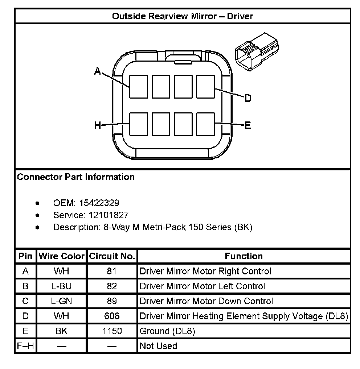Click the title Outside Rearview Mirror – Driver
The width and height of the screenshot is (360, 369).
(183, 16)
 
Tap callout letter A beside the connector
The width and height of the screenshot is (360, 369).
(98, 71)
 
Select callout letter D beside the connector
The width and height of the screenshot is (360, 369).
(248, 98)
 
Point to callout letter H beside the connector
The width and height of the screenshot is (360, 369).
(98, 126)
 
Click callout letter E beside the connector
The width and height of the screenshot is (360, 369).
(248, 125)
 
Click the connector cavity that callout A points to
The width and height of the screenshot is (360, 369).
(138, 87)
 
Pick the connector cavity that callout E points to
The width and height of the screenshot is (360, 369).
(206, 124)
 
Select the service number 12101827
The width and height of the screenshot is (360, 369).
(109, 215)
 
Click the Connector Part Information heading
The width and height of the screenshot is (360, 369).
(76, 177)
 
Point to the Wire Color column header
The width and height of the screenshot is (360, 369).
(62, 256)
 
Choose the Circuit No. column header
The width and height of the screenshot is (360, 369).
(112, 256)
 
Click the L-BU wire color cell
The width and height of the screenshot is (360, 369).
(62, 286)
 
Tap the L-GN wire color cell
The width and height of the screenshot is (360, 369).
(62, 301)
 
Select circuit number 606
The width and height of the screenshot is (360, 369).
(112, 316)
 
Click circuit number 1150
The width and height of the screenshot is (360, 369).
(112, 331)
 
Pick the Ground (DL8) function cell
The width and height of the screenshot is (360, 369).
(167, 331)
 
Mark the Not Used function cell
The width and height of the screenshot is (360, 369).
(158, 346)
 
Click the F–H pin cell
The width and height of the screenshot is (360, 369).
(25, 346)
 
